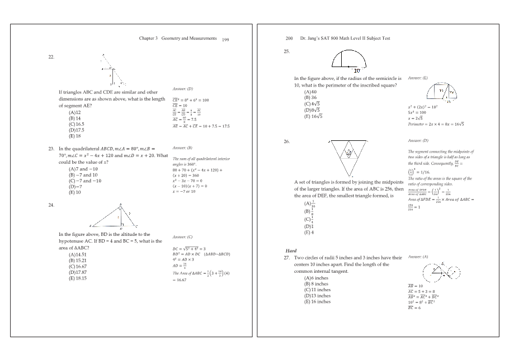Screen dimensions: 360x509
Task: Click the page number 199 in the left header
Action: pyautogui.click(x=225, y=40)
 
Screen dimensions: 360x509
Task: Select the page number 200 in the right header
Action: pyautogui.click(x=289, y=39)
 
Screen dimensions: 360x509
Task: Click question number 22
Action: pyautogui.click(x=51, y=57)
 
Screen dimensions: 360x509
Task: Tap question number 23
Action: pyautogui.click(x=51, y=149)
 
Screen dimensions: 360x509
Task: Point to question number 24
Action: pyautogui.click(x=51, y=206)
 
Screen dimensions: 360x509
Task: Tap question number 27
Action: pyautogui.click(x=289, y=258)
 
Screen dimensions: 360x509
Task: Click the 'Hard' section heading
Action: pyautogui.click(x=291, y=251)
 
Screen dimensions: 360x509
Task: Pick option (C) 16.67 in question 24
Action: pyautogui.click(x=79, y=267)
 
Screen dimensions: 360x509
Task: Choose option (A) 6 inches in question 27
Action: pyautogui.click(x=317, y=278)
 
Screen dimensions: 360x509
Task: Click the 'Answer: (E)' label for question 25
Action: pyautogui.click(x=418, y=78)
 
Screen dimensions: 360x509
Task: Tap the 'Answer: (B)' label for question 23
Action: pyautogui.click(x=182, y=148)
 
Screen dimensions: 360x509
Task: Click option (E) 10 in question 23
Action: pyautogui.click(x=75, y=192)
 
